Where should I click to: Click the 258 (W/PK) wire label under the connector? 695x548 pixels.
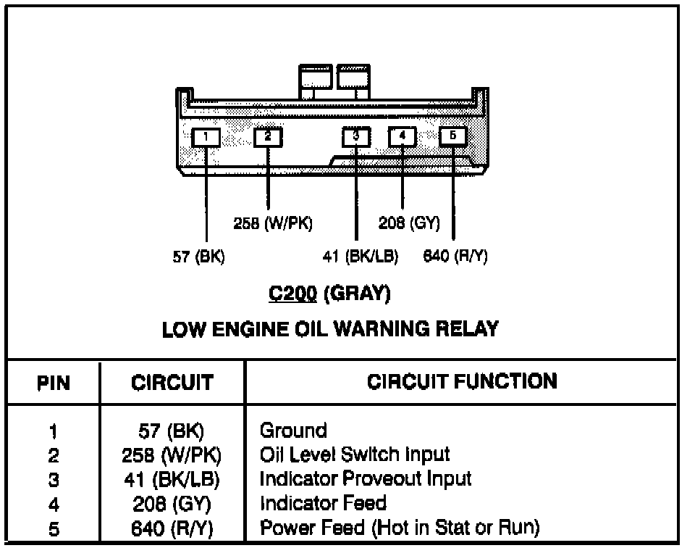pyautogui.click(x=273, y=223)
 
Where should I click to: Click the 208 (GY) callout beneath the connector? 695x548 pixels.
pyautogui.click(x=409, y=223)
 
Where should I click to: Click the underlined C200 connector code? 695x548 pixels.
pyautogui.click(x=292, y=294)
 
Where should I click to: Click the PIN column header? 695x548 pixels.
pyautogui.click(x=54, y=382)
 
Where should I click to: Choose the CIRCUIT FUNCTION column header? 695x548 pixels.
pyautogui.click(x=463, y=381)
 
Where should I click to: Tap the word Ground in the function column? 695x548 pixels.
pyautogui.click(x=293, y=431)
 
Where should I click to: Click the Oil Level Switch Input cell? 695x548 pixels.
pyautogui.click(x=355, y=454)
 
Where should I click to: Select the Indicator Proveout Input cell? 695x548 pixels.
pyautogui.click(x=366, y=478)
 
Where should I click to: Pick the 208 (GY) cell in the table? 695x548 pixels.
pyautogui.click(x=172, y=503)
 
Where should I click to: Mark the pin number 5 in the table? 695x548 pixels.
pyautogui.click(x=53, y=528)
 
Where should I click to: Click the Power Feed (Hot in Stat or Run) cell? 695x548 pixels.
pyautogui.click(x=400, y=528)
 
